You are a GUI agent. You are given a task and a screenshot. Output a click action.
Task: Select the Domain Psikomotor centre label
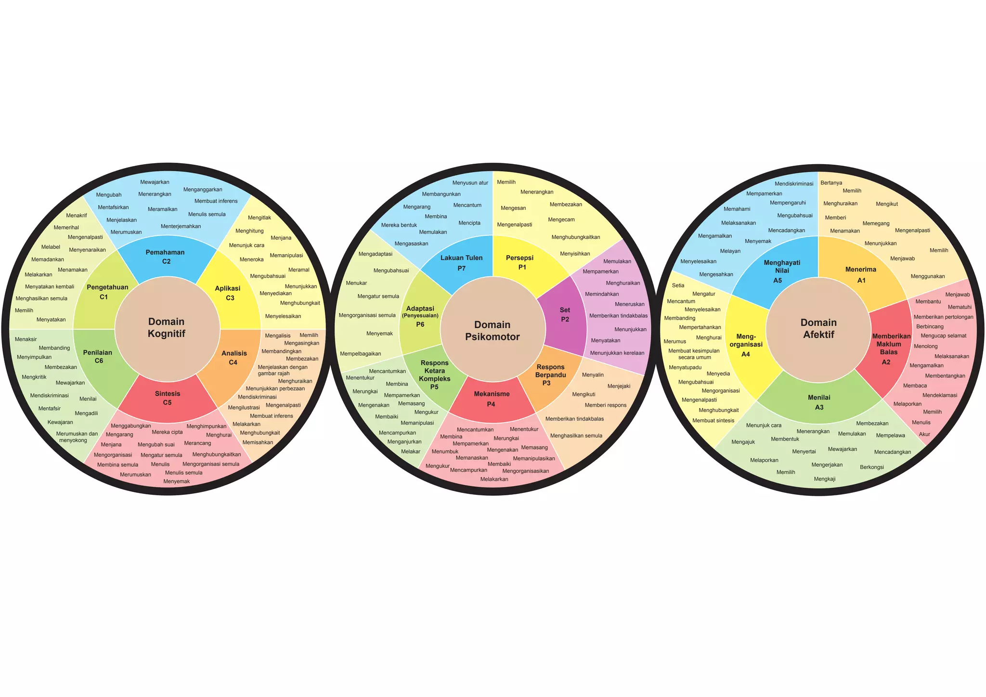[493, 331]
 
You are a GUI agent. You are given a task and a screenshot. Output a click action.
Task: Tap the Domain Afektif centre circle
[818, 329]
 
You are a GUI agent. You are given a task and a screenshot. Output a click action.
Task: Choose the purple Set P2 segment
[564, 315]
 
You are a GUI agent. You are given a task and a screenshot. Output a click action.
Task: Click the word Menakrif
[77, 215]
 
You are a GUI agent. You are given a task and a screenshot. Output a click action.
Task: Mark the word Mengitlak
[259, 218]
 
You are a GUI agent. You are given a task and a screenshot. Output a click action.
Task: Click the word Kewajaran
[60, 422]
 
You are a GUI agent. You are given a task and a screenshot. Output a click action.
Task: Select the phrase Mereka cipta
[167, 432]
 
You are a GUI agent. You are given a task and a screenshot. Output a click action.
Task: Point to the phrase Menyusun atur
[470, 182]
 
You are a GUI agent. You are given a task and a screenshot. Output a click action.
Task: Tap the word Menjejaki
[619, 386]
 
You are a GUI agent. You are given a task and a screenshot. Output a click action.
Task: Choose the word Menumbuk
[445, 452]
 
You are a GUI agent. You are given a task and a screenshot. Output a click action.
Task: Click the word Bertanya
[831, 182]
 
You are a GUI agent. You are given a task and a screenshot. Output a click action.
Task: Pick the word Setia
[678, 285]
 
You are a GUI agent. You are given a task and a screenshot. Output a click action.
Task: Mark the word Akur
[924, 434]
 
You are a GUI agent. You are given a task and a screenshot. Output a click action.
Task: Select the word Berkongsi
[872, 467]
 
